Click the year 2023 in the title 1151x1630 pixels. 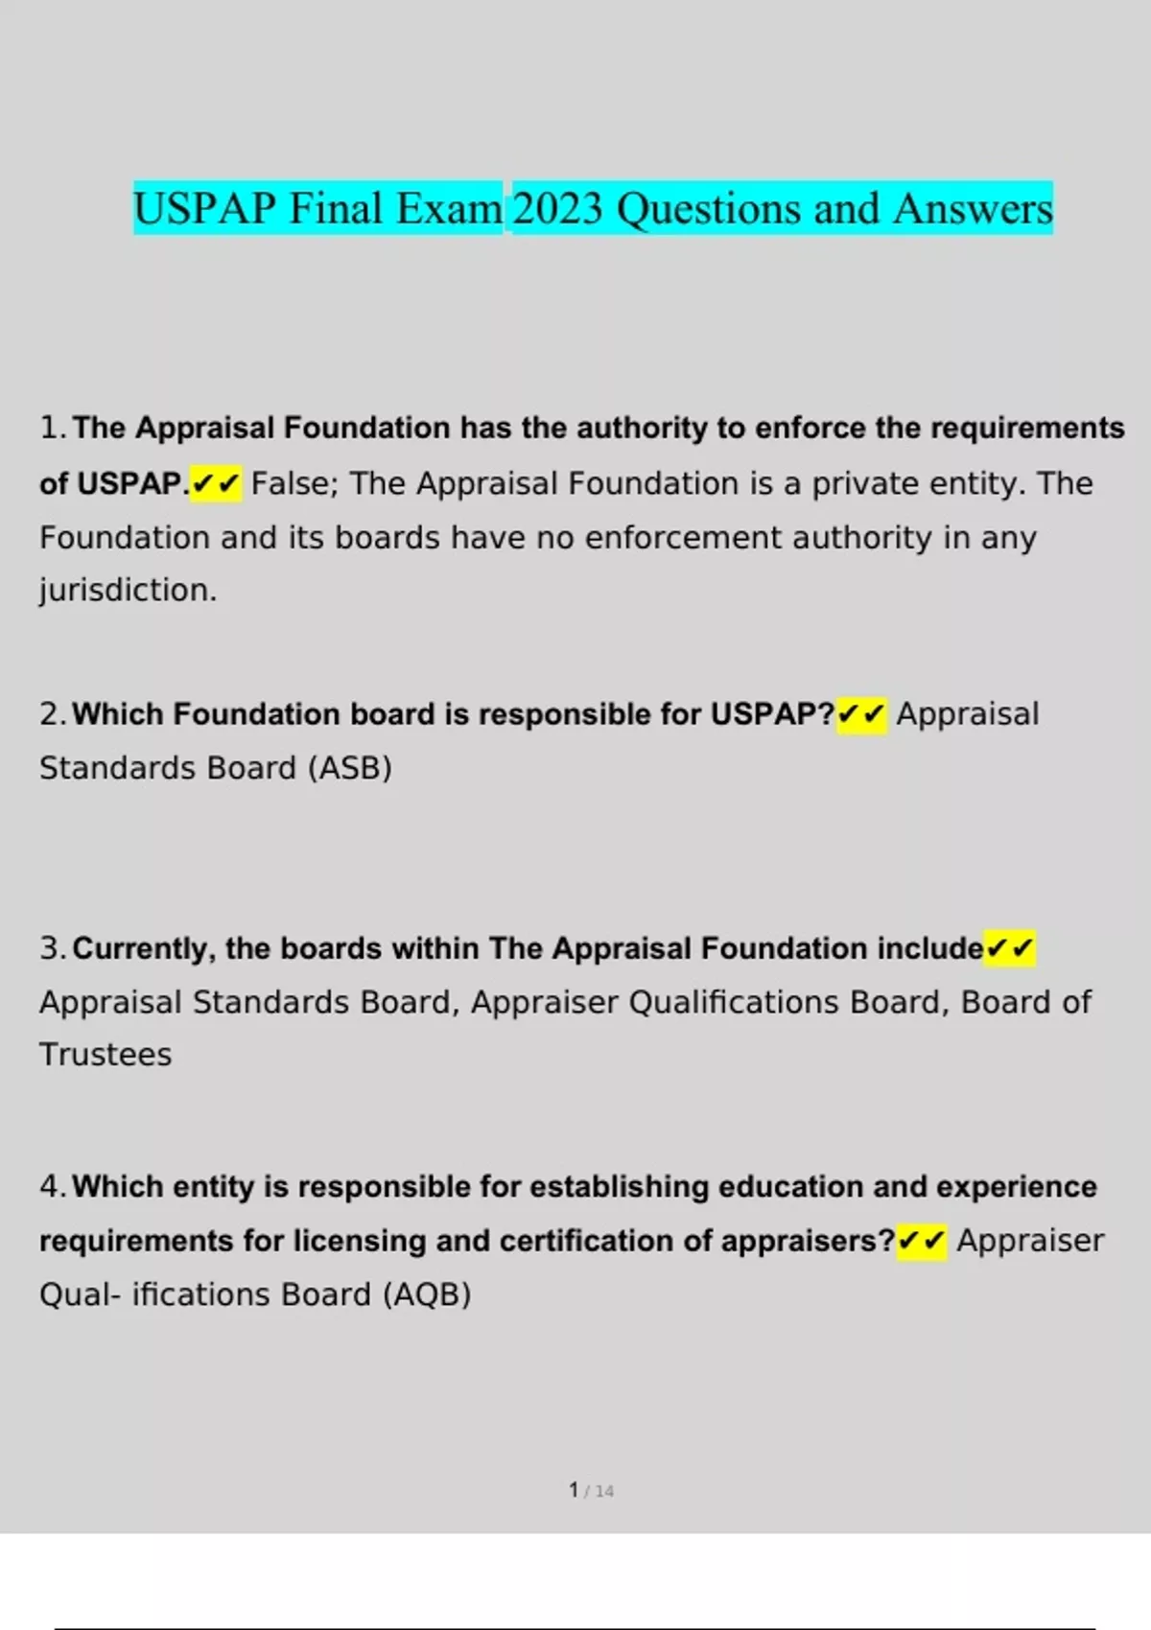pos(557,209)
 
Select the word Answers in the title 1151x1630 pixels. pos(973,209)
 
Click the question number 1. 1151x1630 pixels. pos(52,428)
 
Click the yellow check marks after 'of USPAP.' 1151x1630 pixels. pos(216,483)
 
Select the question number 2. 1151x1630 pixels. pos(52,714)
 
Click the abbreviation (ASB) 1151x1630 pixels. pos(350,768)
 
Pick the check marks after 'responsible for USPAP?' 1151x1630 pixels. pos(861,714)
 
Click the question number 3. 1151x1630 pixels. pos(52,948)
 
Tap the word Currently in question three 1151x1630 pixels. pos(145,948)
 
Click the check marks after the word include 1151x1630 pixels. pos(1010,948)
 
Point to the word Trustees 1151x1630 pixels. pos(106,1055)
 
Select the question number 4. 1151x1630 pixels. pos(52,1187)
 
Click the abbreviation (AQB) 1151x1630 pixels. pos(427,1294)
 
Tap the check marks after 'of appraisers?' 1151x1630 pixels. pos(922,1241)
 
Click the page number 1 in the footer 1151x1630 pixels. pos(574,1489)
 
